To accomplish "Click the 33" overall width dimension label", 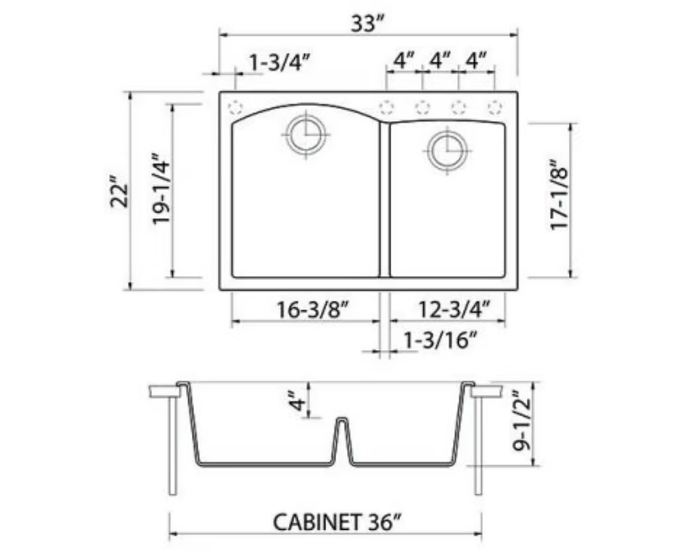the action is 367,23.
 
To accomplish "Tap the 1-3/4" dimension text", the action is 280,62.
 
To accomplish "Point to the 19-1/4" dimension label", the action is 161,189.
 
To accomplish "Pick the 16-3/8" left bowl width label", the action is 313,309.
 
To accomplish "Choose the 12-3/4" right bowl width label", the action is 454,309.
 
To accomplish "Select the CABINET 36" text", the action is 337,522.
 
